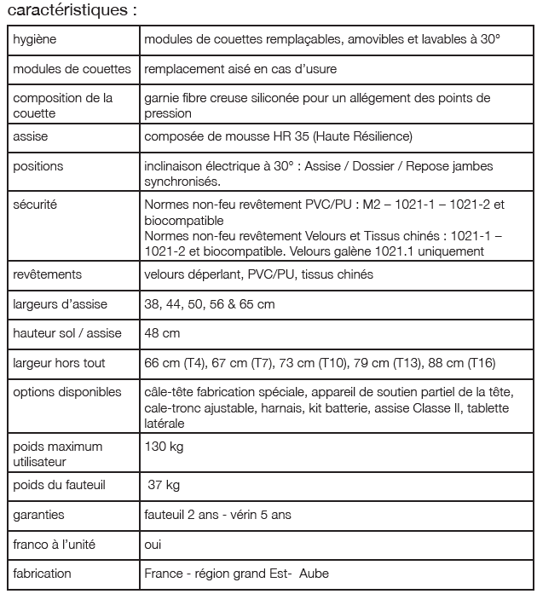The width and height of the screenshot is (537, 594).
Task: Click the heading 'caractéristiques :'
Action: coord(72,12)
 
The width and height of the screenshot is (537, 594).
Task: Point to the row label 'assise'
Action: coord(31,136)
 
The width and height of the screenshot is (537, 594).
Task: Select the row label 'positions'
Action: coord(38,166)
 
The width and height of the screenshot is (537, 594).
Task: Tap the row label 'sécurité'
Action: coord(35,205)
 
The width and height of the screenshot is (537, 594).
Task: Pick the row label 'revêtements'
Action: coord(47,274)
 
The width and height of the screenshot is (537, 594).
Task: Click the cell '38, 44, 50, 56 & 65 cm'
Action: coord(210,303)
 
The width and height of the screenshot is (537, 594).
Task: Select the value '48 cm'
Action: coord(162,333)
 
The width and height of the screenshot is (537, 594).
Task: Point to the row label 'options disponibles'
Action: coord(67,392)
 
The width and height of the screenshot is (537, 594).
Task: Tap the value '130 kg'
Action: coord(165,446)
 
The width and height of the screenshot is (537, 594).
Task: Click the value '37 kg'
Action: coord(165,485)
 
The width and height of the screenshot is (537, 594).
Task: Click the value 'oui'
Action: coord(153,544)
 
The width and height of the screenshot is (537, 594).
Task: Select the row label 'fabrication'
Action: coord(43,574)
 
